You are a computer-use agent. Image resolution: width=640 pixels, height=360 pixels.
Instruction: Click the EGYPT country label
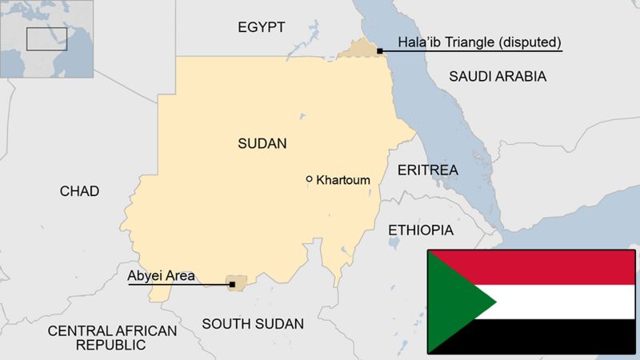tap(261, 28)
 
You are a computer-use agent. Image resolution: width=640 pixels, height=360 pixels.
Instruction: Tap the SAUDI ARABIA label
tap(497, 77)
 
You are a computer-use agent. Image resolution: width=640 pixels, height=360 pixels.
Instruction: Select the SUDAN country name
tap(262, 144)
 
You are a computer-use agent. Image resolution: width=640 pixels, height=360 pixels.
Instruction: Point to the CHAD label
tap(79, 191)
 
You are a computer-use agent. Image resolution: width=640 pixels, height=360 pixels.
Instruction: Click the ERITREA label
tap(427, 170)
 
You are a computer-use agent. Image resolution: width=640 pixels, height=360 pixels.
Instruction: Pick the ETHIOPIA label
tap(420, 230)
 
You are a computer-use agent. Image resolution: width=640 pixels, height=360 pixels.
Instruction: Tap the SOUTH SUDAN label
tap(252, 324)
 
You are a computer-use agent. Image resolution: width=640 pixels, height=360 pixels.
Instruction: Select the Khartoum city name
tap(343, 180)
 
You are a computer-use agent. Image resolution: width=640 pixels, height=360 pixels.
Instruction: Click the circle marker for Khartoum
tap(310, 179)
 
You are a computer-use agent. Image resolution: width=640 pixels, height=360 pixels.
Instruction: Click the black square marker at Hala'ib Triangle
tap(379, 50)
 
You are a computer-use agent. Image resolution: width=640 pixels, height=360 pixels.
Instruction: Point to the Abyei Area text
tap(161, 276)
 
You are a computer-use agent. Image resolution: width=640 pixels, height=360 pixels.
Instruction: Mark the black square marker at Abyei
tap(231, 284)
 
